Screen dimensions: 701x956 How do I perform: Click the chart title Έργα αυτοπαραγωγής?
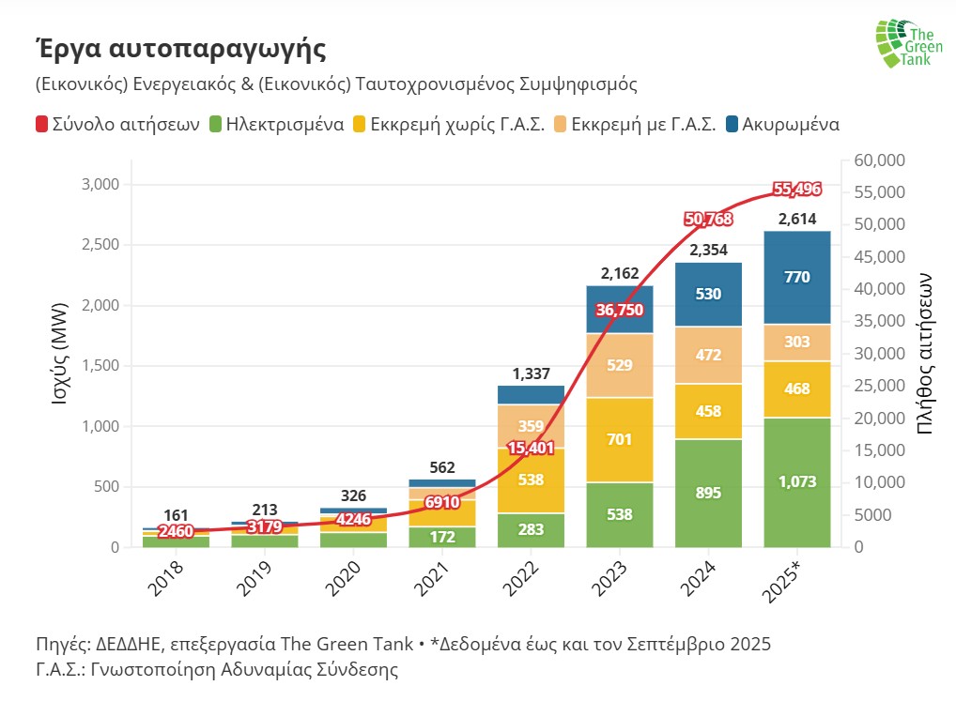pos(180,47)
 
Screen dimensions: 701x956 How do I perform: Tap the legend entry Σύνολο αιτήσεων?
pos(116,124)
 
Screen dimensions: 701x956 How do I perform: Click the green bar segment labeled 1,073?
pos(796,482)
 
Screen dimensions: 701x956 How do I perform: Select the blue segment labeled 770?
pos(796,277)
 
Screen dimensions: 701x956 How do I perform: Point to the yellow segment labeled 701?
pos(619,439)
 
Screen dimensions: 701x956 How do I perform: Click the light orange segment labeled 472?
pos(708,356)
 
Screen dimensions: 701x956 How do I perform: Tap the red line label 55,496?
pos(796,190)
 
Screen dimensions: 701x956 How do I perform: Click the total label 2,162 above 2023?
pos(619,274)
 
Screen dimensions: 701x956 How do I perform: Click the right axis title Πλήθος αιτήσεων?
pos(924,353)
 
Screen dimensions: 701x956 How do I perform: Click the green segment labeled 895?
pos(708,493)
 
